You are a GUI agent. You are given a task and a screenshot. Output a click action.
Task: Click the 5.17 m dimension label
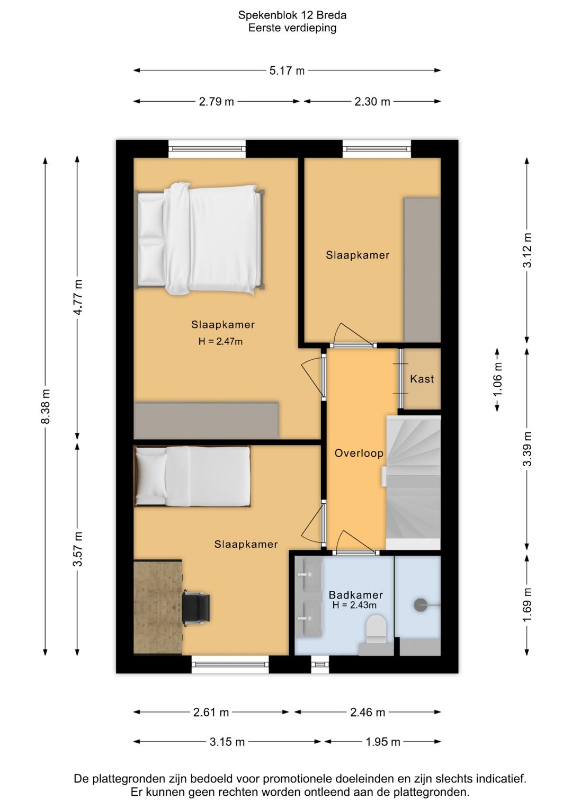[x=287, y=70]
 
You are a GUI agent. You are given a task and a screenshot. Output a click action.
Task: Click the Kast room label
[x=422, y=379]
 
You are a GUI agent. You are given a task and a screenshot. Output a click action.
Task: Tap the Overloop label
[x=359, y=454]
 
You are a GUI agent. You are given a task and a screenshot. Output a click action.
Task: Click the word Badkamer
[x=356, y=595]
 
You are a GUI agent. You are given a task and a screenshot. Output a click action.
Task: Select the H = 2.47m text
[x=220, y=341]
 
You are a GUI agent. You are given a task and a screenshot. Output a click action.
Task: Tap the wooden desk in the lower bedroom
[x=158, y=607]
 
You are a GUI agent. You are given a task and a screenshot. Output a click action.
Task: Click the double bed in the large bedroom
[x=200, y=239]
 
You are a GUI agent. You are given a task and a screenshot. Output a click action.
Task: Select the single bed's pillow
[x=151, y=474]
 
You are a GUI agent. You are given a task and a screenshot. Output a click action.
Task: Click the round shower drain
[x=421, y=603]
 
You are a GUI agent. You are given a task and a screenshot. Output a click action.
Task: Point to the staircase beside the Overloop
[x=413, y=483]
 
